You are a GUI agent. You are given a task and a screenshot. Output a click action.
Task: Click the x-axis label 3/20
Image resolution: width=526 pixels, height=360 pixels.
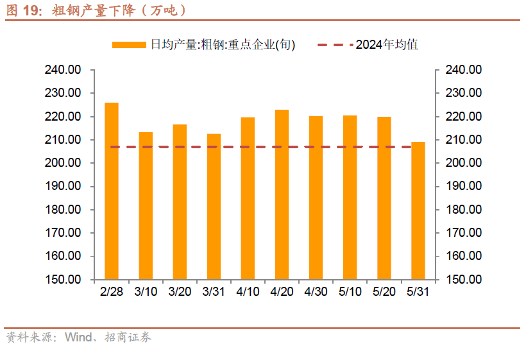tap(180, 291)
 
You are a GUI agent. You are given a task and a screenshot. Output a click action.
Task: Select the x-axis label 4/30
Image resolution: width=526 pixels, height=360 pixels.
tap(316, 291)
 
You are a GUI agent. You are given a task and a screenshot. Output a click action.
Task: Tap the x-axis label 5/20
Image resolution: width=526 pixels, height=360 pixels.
tap(384, 291)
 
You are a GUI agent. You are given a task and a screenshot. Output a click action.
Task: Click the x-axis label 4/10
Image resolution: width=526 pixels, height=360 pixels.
tap(248, 291)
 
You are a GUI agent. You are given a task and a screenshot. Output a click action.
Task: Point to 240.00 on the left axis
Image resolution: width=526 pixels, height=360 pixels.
tap(63, 70)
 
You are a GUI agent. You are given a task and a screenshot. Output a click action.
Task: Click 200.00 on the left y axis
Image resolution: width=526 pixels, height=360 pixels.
tap(63, 163)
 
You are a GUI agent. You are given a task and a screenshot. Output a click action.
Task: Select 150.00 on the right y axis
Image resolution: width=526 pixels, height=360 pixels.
tap(464, 280)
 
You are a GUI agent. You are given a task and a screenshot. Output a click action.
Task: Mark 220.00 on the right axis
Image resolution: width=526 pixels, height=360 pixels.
tap(464, 117)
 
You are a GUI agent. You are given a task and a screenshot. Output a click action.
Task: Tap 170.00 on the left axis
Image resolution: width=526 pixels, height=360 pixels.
tap(63, 233)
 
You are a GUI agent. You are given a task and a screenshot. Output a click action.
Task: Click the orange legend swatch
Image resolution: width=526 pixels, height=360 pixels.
tap(129, 45)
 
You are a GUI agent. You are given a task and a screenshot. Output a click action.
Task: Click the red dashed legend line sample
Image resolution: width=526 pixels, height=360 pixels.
tap(334, 45)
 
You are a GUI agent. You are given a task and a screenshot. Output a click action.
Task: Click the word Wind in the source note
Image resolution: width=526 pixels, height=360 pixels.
tap(78, 338)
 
